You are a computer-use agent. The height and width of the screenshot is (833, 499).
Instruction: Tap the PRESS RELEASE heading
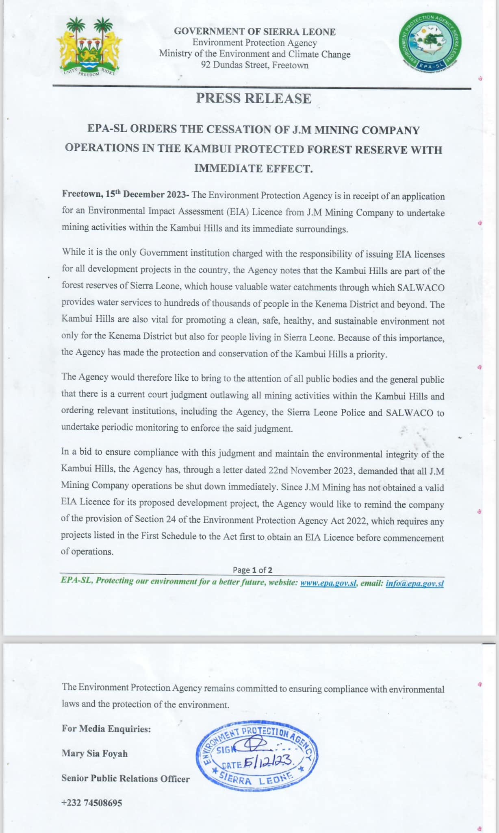(254, 98)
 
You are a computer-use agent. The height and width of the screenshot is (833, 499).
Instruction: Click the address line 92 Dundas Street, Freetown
(255, 65)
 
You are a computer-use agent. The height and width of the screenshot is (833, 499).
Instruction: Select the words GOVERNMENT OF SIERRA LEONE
(255, 32)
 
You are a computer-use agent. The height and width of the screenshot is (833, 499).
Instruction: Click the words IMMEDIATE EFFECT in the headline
(254, 168)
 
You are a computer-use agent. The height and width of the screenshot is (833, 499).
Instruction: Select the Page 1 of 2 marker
(252, 570)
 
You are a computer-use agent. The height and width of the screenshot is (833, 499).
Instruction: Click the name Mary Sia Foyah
(95, 753)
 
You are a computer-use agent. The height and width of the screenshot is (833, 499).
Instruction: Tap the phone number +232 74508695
(91, 802)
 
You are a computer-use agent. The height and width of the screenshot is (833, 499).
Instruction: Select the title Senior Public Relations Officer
(125, 778)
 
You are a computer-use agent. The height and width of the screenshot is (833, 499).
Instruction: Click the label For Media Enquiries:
(106, 728)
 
